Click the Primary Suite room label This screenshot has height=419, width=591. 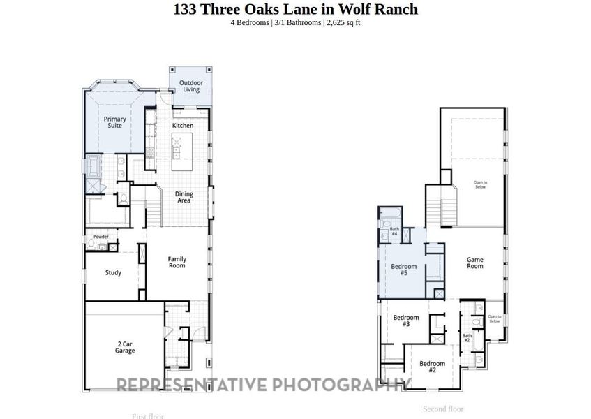coord(114,123)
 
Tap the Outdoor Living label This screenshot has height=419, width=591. coord(191,86)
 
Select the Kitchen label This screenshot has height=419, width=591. coord(183,126)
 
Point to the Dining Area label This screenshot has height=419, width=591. coord(184,198)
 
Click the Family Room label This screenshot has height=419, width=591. coord(177,263)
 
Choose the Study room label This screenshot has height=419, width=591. coord(113,273)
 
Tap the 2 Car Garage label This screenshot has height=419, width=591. coord(126,347)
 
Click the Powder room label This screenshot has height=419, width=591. coord(100,237)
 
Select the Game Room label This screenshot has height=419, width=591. coord(474,263)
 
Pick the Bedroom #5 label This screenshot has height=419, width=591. coord(403,270)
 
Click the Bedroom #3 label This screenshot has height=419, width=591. coord(405,321)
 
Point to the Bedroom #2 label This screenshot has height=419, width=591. coord(432,367)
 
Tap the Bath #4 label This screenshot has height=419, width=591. coord(394,231)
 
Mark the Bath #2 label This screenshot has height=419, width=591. coord(467,338)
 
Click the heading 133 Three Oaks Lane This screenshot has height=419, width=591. coord(295,9)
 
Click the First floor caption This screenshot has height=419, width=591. coord(147,416)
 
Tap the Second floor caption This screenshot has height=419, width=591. coord(443,409)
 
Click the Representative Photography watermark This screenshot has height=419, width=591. coord(262,385)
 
